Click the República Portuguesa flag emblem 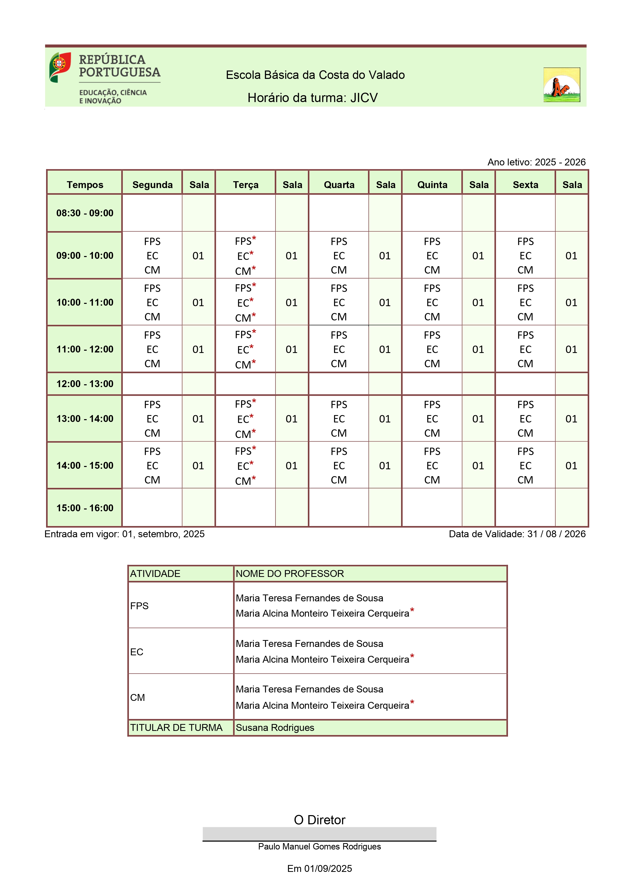point(60,67)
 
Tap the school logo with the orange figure point(561,85)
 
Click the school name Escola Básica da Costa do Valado point(315,75)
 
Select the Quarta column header point(339,185)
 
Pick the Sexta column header point(525,185)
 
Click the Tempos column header point(85,185)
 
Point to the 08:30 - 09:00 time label point(85,213)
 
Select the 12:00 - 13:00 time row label point(85,384)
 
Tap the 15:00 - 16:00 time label point(85,508)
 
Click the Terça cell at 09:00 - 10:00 point(245,256)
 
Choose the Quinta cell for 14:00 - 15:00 point(432,465)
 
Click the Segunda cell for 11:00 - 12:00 point(152,349)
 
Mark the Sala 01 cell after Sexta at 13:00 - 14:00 point(571,419)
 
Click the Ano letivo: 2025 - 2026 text point(536,162)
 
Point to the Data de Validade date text point(517,534)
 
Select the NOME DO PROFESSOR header point(290,574)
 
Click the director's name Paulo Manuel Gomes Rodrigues point(320,847)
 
